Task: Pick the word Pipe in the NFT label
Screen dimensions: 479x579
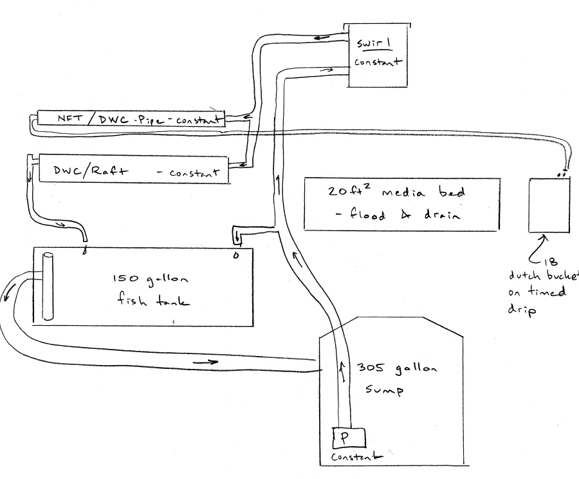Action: point(152,120)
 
